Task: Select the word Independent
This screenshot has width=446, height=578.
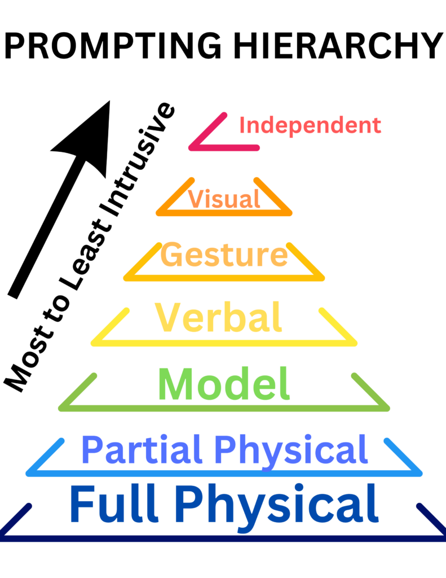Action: (310, 125)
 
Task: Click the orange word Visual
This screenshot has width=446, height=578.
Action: (224, 199)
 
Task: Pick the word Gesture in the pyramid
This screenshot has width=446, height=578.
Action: (224, 255)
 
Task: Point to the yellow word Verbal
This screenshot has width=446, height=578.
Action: (218, 318)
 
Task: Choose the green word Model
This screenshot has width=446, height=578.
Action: (224, 384)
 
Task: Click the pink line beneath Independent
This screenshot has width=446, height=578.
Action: (226, 148)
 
